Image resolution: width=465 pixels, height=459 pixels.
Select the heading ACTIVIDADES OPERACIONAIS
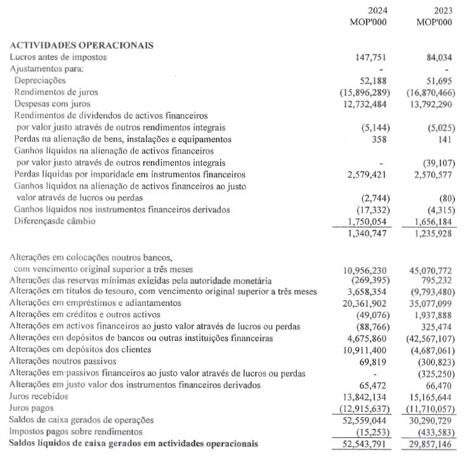(x=82, y=45)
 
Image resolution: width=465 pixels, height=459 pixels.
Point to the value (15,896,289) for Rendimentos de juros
(x=364, y=92)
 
